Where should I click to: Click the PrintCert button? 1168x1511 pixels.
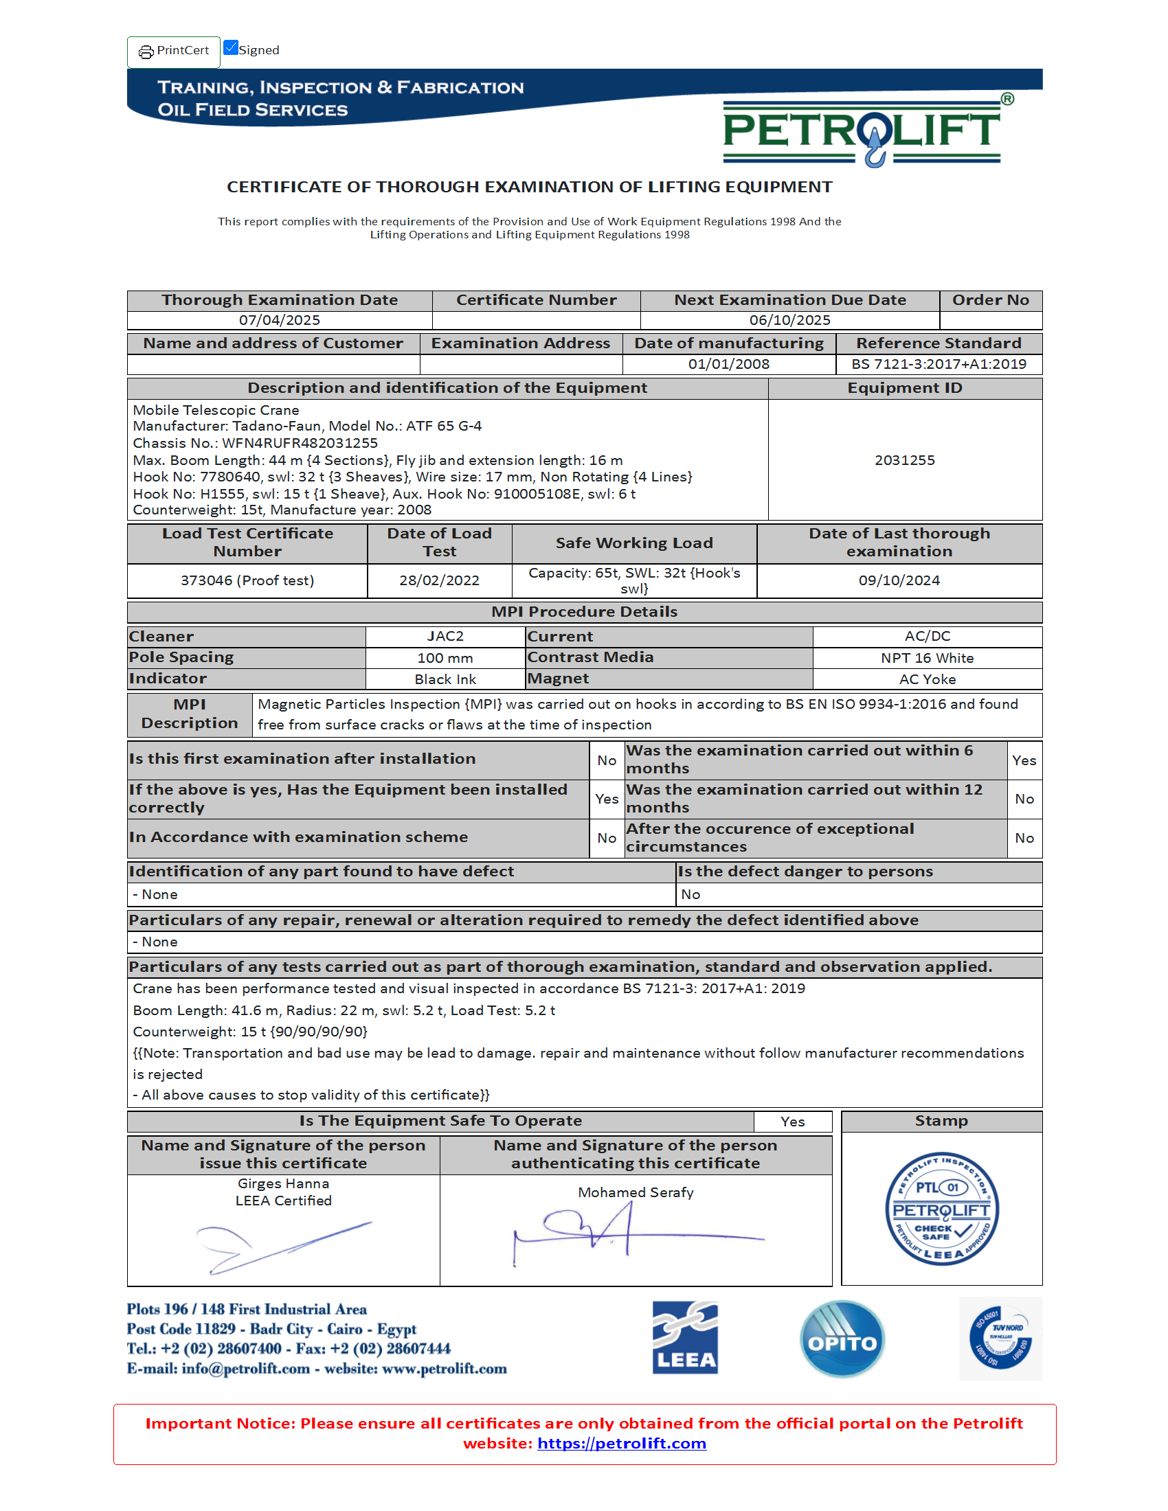click(x=174, y=52)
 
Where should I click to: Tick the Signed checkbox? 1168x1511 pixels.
click(x=231, y=48)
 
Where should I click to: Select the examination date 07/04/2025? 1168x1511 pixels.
click(x=280, y=320)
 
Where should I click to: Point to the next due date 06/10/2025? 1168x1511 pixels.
click(x=789, y=320)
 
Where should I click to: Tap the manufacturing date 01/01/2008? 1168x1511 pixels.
click(x=728, y=364)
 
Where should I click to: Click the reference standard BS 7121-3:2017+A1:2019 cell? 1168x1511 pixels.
click(x=939, y=364)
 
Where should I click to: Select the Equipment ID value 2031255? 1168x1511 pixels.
click(x=904, y=460)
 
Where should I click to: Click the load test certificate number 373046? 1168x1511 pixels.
click(x=247, y=580)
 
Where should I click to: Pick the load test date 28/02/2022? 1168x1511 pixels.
click(x=440, y=580)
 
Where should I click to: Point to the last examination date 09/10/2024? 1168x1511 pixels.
click(x=899, y=580)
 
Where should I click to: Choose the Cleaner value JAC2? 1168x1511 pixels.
click(x=445, y=637)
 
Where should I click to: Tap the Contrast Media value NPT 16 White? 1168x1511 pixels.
click(x=927, y=658)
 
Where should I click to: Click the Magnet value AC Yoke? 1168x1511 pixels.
click(x=928, y=679)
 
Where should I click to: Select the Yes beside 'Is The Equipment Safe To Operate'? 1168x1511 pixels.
click(x=792, y=1122)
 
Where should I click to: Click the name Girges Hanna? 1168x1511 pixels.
click(x=283, y=1184)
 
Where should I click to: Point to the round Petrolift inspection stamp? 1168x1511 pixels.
click(x=941, y=1209)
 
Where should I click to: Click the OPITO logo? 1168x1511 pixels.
click(x=842, y=1339)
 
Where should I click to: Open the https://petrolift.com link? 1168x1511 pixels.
click(x=621, y=1443)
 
